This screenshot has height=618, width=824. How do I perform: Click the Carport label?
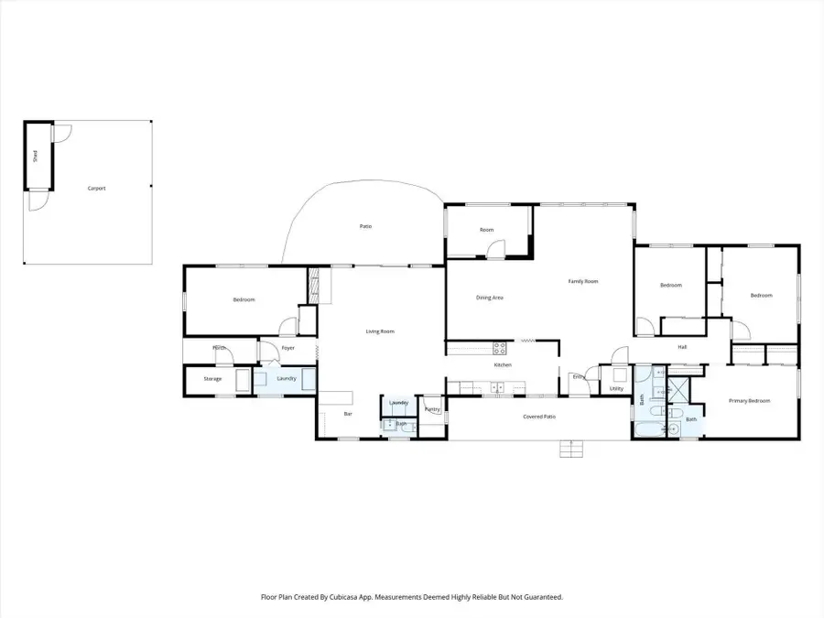96,189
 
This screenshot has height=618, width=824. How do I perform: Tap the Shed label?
35,156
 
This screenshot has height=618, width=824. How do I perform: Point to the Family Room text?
583,281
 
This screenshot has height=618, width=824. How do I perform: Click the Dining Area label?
489,298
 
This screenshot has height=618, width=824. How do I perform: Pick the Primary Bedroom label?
749,401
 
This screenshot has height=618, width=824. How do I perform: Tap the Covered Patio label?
539,417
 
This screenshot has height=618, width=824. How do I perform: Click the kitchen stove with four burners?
499,348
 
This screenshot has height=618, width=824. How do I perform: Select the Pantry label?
431,409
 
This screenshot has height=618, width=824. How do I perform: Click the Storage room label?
212,379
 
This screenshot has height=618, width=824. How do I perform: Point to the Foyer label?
287,348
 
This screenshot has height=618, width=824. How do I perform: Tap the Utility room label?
616,389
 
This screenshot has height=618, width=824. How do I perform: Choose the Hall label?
682,347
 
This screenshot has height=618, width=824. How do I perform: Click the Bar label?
348,414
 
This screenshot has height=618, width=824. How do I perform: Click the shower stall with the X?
679,388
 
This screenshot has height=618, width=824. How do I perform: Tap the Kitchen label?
503,365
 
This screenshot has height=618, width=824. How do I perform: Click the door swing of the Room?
494,248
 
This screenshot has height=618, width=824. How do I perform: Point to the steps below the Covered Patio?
571,449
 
